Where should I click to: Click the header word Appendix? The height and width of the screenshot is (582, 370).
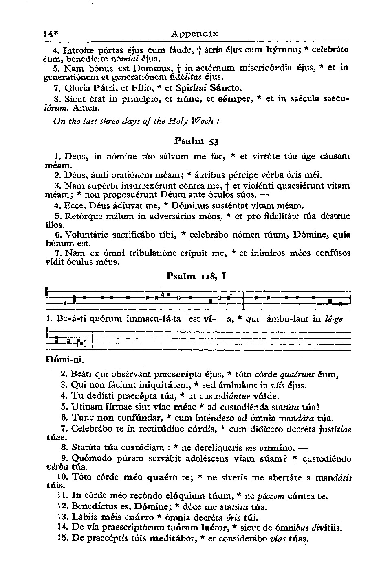tap(195, 34)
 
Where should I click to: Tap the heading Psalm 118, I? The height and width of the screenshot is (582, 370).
tap(196, 277)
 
